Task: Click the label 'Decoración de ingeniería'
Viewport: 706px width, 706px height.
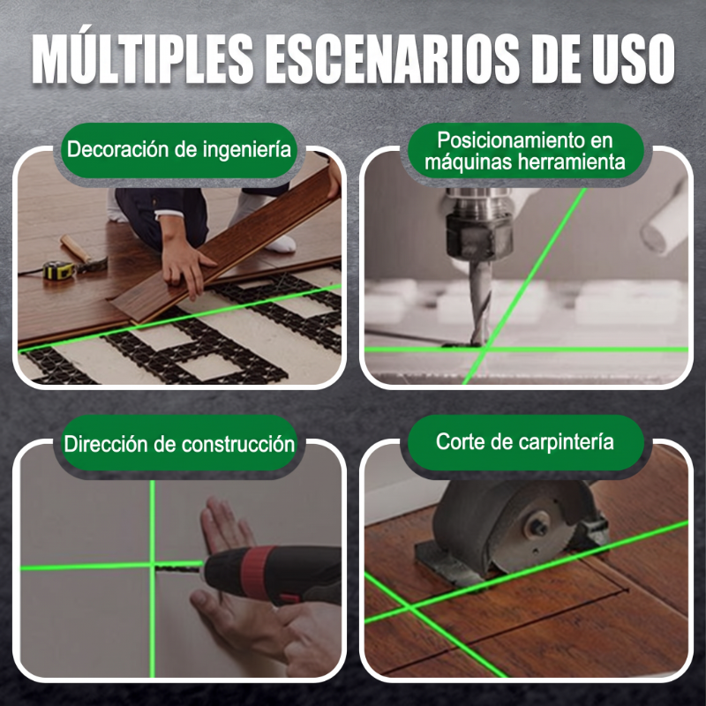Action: pyautogui.click(x=179, y=149)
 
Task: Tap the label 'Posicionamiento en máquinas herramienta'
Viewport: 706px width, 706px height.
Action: pyautogui.click(x=525, y=151)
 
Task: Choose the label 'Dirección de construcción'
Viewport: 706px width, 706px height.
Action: pyautogui.click(x=179, y=444)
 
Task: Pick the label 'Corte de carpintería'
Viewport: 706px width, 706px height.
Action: pyautogui.click(x=524, y=442)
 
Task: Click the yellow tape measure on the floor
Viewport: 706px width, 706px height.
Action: pyautogui.click(x=59, y=269)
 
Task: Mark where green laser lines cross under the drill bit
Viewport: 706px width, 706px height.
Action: pyautogui.click(x=487, y=348)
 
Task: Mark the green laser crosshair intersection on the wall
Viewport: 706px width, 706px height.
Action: pyautogui.click(x=152, y=566)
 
